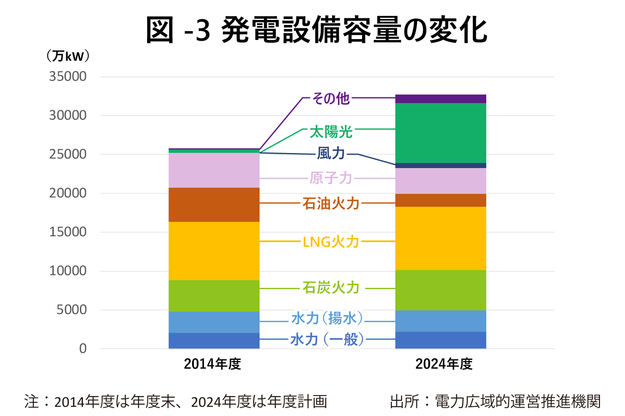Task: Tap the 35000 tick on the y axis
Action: (68, 77)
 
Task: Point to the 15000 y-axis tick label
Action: (68, 232)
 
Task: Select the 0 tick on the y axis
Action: (83, 349)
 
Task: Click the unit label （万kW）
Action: (68, 56)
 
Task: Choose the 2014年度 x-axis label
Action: (212, 364)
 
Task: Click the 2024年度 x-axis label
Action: (444, 364)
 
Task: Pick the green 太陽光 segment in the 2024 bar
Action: (440, 133)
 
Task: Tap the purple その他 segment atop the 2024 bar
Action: (440, 99)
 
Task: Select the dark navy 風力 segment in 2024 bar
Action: (440, 165)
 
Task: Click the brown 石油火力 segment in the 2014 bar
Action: (214, 205)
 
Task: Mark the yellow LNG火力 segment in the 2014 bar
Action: (214, 251)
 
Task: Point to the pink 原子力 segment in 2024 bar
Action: (440, 181)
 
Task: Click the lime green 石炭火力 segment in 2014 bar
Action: (214, 296)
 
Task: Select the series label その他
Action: (331, 99)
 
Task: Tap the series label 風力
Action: (331, 154)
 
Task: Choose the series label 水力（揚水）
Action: (327, 318)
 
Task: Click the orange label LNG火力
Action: (331, 242)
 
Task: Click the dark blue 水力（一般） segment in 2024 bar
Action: (440, 340)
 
